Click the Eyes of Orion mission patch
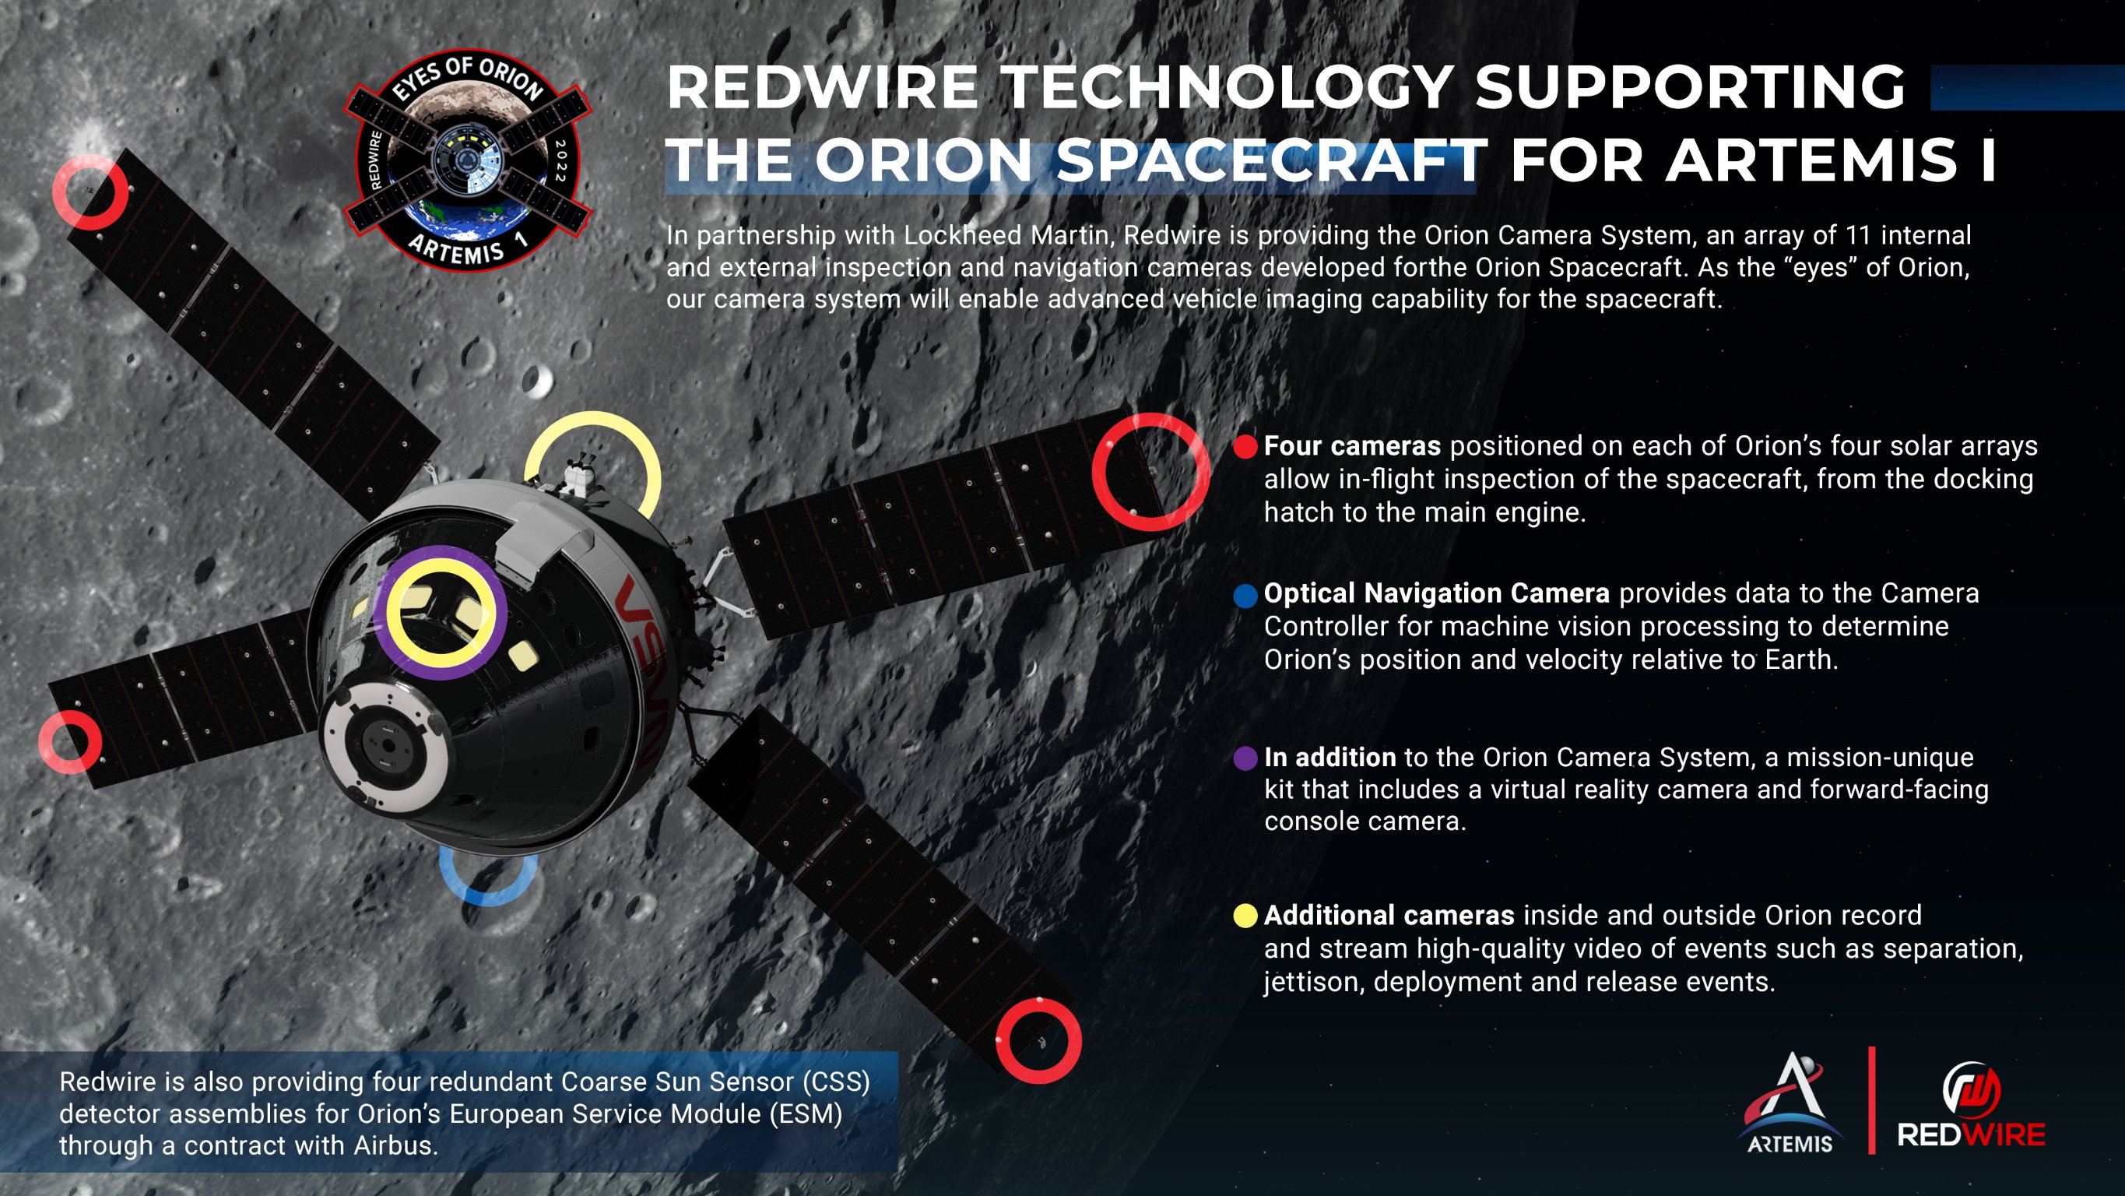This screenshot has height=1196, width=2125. click(468, 160)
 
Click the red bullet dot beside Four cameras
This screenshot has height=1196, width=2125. click(1245, 446)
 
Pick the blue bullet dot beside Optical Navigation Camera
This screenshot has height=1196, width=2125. click(1245, 595)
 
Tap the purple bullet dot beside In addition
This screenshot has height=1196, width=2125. click(1245, 758)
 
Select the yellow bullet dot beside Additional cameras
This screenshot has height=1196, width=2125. click(1245, 916)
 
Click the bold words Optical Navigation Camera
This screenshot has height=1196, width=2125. click(1436, 593)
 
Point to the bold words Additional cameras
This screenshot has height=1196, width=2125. click(1389, 916)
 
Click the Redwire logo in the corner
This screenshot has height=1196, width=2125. click(1971, 1106)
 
